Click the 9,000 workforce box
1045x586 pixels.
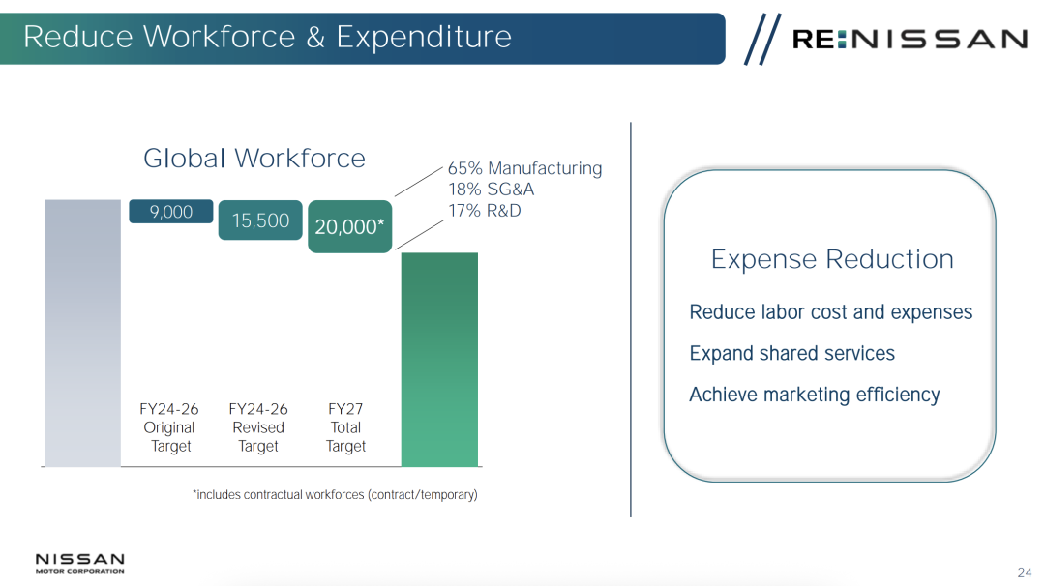(x=171, y=212)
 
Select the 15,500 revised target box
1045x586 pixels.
(x=260, y=220)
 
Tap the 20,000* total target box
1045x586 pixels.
(x=350, y=226)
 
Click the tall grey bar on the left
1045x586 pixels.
(x=82, y=333)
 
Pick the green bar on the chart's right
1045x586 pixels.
(x=439, y=360)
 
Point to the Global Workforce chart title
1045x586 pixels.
(x=254, y=159)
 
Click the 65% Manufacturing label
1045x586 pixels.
(x=524, y=168)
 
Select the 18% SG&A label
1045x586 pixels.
(x=492, y=190)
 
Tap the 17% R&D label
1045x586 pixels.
(x=485, y=211)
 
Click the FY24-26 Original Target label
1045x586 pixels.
(x=169, y=427)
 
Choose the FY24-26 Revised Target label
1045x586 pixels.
(x=258, y=427)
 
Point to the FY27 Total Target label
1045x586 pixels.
(x=345, y=427)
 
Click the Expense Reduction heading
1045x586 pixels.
(x=832, y=259)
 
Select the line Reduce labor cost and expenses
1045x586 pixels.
(x=831, y=312)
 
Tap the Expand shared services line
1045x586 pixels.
(x=792, y=353)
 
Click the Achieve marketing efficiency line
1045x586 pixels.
(x=815, y=395)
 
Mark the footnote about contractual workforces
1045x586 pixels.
(x=335, y=495)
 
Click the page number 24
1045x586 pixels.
(x=1025, y=572)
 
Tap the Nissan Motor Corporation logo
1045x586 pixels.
(x=80, y=564)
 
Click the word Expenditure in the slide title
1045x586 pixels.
(x=424, y=37)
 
